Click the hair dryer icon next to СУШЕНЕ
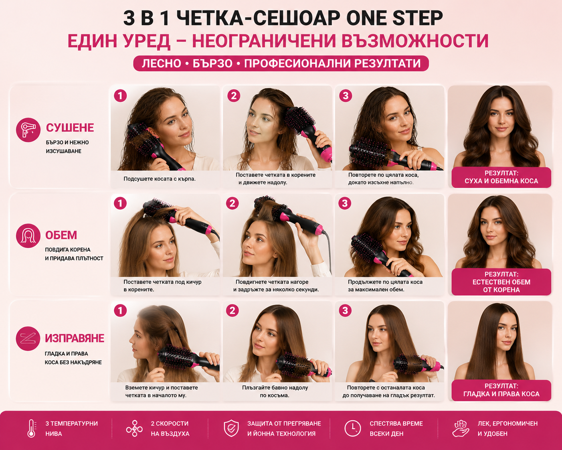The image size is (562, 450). [x=28, y=130]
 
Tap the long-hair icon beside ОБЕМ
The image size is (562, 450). [x=28, y=236]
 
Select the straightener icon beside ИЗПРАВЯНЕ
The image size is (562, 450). [x=28, y=339]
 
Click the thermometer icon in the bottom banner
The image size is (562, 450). [x=31, y=428]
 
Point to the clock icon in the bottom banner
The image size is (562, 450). [x=353, y=428]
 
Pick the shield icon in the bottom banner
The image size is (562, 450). [x=231, y=428]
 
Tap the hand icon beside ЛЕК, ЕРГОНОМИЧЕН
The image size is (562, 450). [x=461, y=428]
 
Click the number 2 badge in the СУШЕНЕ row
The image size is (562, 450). [x=233, y=95]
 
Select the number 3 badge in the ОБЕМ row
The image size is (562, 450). [x=345, y=203]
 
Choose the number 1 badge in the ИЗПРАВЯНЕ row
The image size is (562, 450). [x=120, y=311]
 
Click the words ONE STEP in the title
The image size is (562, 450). [x=394, y=18]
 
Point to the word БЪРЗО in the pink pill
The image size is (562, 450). [x=212, y=63]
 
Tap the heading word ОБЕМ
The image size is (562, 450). [x=61, y=235]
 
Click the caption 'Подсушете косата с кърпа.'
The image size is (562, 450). [x=160, y=179]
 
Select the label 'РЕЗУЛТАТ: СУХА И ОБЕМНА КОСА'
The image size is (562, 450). [x=501, y=177]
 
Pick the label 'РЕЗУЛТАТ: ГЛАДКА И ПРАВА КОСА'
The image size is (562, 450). [x=501, y=390]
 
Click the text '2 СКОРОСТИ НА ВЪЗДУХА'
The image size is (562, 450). [x=170, y=429]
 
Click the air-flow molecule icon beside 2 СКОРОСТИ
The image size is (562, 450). [x=135, y=428]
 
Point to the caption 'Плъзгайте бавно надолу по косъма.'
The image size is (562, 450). [x=275, y=391]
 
